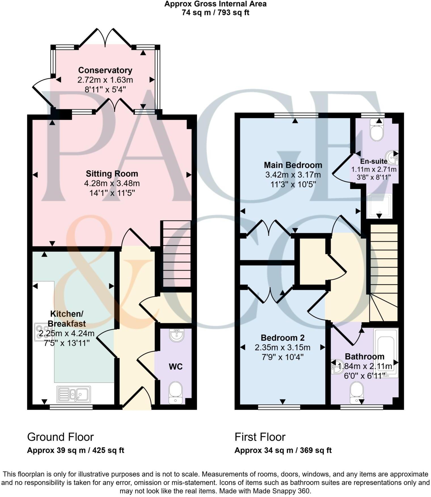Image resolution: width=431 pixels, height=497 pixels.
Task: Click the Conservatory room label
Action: (x=105, y=70)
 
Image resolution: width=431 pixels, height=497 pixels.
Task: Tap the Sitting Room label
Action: (x=112, y=174)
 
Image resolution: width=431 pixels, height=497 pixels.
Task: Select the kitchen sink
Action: (x=74, y=394)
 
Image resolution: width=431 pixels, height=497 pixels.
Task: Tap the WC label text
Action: (x=176, y=367)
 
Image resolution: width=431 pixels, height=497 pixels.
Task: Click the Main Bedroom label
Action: (x=293, y=165)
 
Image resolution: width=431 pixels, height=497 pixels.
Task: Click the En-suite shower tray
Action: (x=379, y=206)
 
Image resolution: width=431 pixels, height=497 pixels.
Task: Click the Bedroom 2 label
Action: (x=282, y=338)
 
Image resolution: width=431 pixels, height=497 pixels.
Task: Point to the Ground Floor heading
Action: (x=60, y=437)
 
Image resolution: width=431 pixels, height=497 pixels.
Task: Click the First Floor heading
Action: (x=260, y=437)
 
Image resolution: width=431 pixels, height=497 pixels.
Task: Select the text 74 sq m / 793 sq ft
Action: (x=216, y=13)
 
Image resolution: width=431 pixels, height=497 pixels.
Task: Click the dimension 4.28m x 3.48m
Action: (x=112, y=183)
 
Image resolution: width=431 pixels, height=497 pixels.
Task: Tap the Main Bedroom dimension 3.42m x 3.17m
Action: (x=293, y=174)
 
